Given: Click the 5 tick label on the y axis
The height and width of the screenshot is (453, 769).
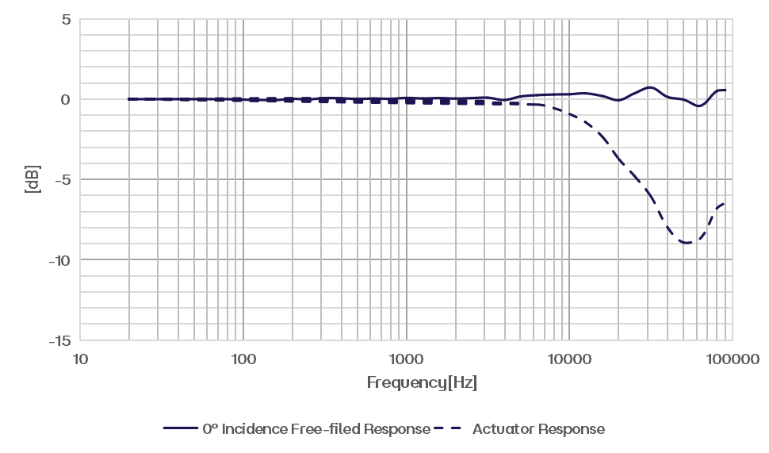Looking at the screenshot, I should click(x=65, y=18).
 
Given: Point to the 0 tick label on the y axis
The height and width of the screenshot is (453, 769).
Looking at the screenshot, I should click(x=65, y=99).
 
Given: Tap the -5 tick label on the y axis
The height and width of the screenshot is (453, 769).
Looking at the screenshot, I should click(x=62, y=179).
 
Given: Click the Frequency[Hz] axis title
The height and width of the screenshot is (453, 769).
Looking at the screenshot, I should click(x=422, y=383).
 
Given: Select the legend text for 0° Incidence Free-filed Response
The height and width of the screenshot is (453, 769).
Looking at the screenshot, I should click(x=316, y=429).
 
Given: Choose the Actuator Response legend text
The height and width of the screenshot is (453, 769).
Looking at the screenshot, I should click(x=538, y=429).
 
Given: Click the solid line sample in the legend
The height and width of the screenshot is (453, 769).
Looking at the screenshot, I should click(x=181, y=429).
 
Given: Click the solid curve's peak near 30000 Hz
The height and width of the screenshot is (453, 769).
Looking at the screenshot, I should click(x=648, y=86).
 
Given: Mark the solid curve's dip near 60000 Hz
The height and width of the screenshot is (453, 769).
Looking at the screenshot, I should click(x=698, y=107).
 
